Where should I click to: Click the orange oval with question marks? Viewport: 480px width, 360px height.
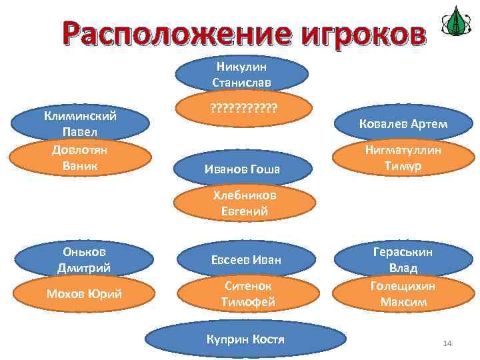tap(243, 107)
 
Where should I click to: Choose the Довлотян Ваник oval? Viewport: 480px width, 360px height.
tap(80, 157)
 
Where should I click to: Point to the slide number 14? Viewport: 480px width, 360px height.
tap(447, 343)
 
